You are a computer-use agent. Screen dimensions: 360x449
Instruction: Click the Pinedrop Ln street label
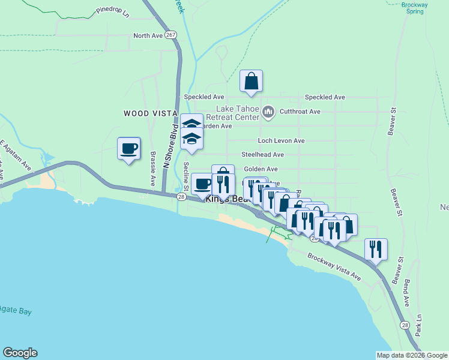point(113,13)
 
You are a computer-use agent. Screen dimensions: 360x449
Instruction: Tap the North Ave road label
point(148,36)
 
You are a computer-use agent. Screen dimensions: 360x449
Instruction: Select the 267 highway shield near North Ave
point(171,35)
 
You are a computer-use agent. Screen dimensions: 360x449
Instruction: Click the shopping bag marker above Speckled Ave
point(251,81)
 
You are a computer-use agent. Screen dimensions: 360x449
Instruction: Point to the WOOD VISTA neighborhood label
point(150,113)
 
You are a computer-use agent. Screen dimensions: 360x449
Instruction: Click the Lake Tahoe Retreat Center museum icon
point(268,111)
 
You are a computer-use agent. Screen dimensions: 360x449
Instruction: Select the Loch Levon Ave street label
point(281,140)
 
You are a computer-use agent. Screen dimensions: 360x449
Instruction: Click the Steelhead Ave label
point(262,155)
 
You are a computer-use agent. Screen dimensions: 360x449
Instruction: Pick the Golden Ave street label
point(261,169)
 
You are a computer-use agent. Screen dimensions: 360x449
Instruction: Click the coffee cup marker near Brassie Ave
point(128,148)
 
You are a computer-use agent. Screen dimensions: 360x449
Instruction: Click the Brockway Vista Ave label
point(334,266)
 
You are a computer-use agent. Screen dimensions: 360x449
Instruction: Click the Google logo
point(20,353)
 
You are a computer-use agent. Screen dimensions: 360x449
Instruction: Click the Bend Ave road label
point(406,293)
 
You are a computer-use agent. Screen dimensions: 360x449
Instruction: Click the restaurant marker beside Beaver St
point(376,249)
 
